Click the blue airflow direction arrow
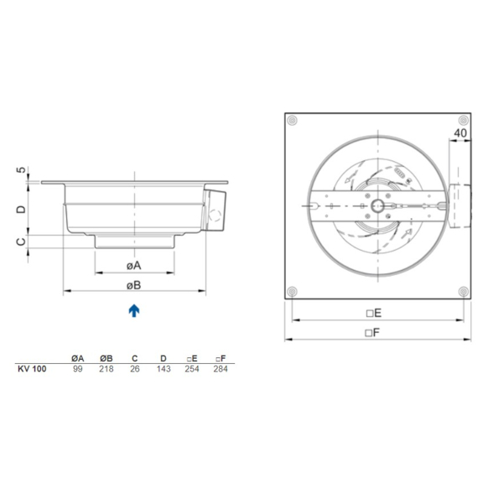point(134,311)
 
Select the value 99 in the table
point(78,369)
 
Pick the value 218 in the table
point(106,369)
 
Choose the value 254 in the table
point(192,369)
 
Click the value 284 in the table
point(221,369)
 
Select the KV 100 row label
point(32,369)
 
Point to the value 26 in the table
point(134,369)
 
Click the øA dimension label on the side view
point(134,266)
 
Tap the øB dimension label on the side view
point(134,285)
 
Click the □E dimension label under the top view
point(374,313)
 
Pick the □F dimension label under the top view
point(374,332)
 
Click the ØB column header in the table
point(106,358)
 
